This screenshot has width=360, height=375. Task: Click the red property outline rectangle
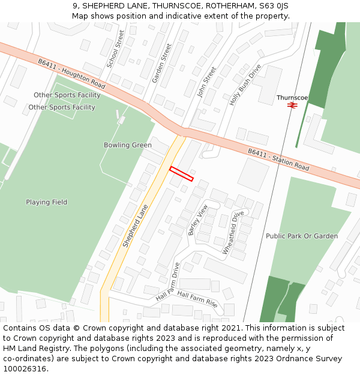(181, 173)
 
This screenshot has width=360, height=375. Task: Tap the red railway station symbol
(292, 105)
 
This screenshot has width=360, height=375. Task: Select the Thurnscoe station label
(292, 97)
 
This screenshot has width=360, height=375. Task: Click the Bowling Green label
(127, 145)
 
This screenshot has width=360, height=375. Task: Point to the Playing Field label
(46, 202)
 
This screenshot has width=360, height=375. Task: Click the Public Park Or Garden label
(302, 236)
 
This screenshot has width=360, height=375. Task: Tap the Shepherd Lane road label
(136, 226)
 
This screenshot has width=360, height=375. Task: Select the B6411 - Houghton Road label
(71, 74)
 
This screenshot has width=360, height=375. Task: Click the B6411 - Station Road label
(278, 160)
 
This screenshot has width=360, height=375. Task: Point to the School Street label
(116, 48)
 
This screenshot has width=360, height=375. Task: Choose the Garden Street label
(161, 63)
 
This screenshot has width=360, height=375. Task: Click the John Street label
(207, 82)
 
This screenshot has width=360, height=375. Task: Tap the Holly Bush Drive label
(245, 85)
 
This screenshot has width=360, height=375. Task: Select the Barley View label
(197, 220)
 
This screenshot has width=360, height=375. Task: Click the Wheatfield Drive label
(233, 232)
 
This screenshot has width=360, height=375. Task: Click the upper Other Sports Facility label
(67, 95)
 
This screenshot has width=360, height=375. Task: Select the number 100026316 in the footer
(25, 368)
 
